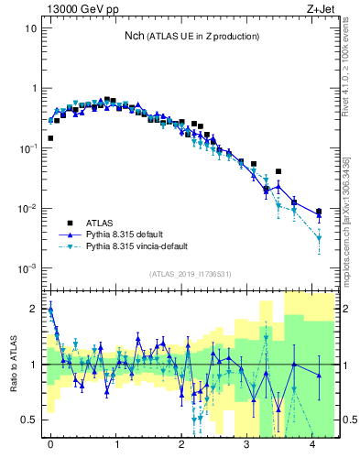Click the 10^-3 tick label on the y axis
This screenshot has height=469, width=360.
[27, 268]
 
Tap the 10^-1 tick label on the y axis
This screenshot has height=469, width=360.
[27, 148]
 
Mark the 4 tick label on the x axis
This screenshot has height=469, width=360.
[313, 444]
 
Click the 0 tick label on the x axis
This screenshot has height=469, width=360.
[50, 444]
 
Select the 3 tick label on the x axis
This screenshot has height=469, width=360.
[247, 444]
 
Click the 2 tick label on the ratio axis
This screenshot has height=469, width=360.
[35, 310]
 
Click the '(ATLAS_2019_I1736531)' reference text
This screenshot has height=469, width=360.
[191, 274]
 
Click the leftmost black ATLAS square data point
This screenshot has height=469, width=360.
[50, 138]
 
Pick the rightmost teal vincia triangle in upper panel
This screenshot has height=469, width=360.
[319, 238]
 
